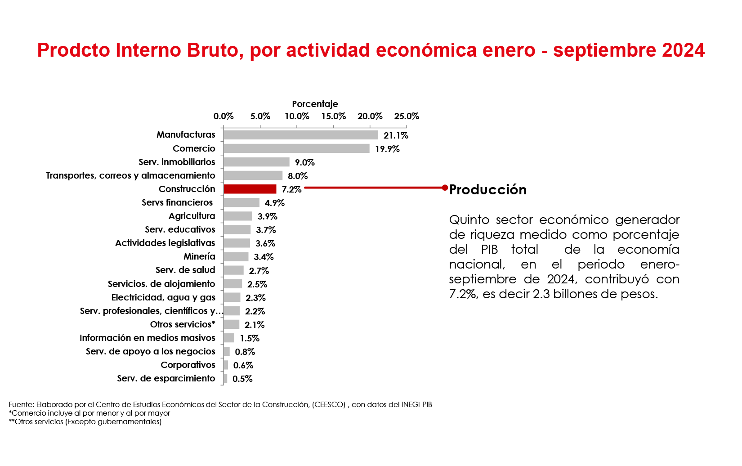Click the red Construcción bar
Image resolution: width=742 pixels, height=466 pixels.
click(x=250, y=189)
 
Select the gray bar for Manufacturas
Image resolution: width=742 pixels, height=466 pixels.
click(x=300, y=134)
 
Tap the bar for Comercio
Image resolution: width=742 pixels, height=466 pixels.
click(x=296, y=148)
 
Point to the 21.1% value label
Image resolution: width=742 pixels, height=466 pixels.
click(x=396, y=135)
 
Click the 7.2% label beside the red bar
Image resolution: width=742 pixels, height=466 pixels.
click(x=291, y=189)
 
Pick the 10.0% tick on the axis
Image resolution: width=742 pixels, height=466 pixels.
click(x=297, y=116)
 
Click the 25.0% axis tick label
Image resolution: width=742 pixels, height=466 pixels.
click(x=407, y=116)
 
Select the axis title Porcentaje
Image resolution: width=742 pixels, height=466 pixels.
click(x=315, y=104)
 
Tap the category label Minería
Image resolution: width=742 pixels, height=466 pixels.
click(x=199, y=256)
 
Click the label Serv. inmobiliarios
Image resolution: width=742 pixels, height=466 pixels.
click(x=177, y=162)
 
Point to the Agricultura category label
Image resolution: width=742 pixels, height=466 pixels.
click(x=192, y=216)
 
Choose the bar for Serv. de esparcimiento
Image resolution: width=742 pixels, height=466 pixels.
click(x=225, y=379)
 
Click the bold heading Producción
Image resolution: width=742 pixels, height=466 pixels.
click(x=488, y=189)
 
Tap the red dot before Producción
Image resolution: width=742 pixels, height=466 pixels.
click(x=445, y=188)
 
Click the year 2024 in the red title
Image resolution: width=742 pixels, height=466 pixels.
click(x=683, y=50)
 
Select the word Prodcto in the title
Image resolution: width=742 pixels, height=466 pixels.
click(x=74, y=50)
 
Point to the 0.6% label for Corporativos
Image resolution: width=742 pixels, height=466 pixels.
click(x=243, y=365)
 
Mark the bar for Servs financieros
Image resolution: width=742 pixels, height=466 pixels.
click(x=241, y=202)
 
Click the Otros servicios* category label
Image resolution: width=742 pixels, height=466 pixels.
click(x=183, y=324)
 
